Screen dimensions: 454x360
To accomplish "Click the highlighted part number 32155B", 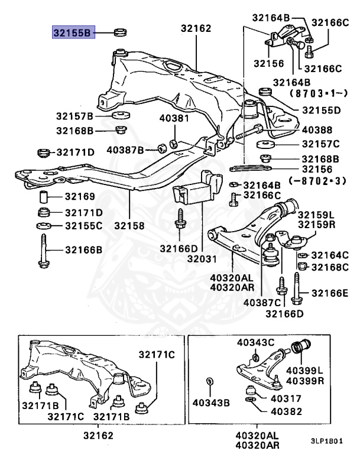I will point(72,33).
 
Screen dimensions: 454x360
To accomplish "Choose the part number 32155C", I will point(83,226).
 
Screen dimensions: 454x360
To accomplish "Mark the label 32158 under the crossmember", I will point(129,226).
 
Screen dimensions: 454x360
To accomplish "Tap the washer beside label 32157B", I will point(121,115).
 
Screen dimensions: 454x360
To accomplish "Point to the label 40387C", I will point(261,303).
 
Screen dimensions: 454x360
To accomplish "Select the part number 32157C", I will point(320,144).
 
